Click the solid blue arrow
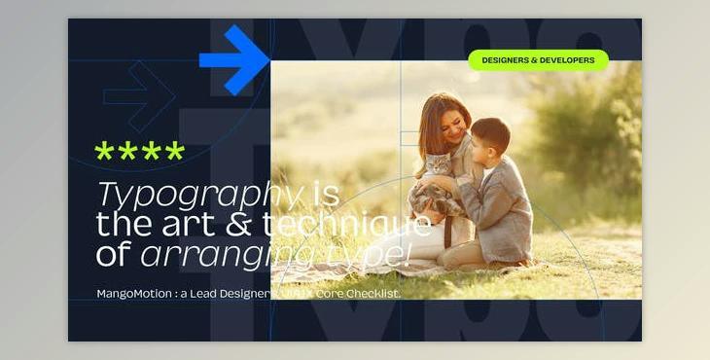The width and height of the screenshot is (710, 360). (236, 60)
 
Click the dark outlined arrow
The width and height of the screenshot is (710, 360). (139, 95)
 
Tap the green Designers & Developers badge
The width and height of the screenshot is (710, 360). (538, 60)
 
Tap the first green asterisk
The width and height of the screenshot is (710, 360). (104, 152)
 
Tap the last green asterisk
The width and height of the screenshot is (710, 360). (174, 152)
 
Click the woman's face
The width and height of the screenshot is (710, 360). (450, 122)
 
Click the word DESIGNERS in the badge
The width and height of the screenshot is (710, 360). (505, 60)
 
